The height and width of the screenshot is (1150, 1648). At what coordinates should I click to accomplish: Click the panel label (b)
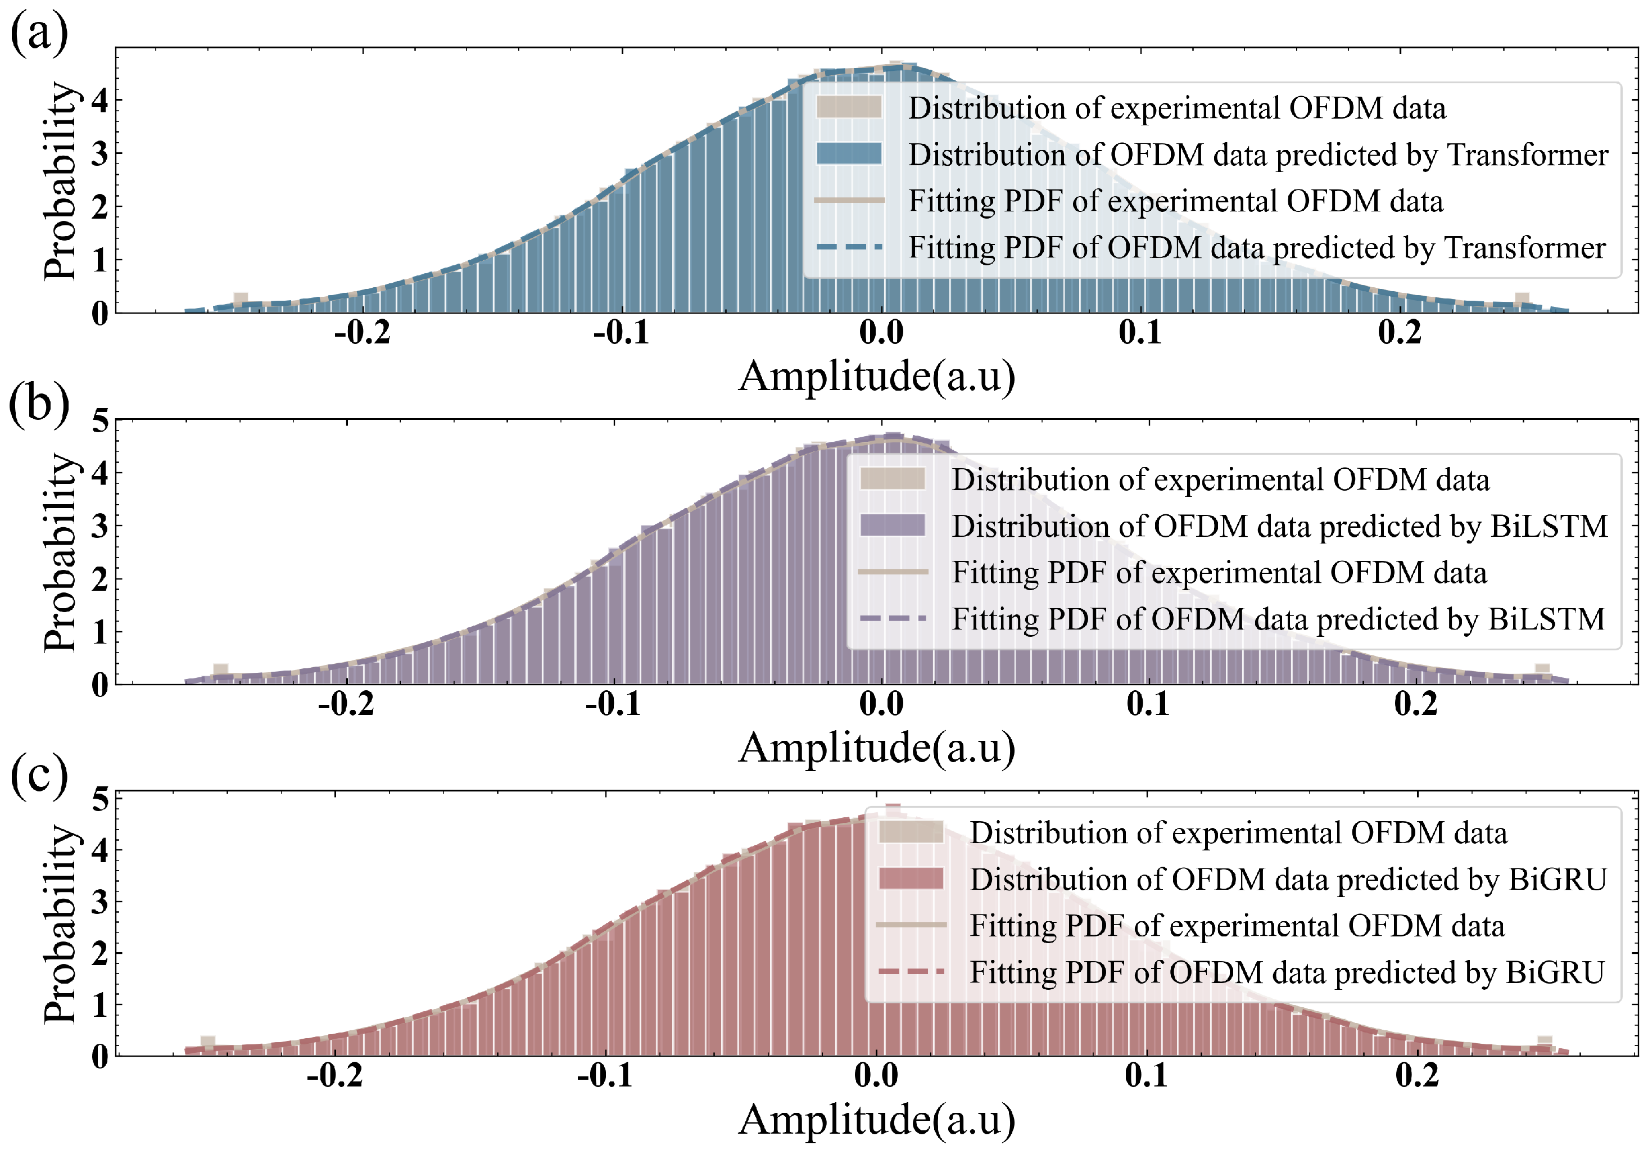point(39,404)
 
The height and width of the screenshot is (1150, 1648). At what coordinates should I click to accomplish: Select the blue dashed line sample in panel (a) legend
point(849,247)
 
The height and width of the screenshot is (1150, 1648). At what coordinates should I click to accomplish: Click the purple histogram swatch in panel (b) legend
point(892,526)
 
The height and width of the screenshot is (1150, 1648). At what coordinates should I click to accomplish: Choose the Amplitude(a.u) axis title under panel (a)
point(876,376)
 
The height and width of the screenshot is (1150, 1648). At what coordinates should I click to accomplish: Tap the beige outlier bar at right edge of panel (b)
point(1542,671)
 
